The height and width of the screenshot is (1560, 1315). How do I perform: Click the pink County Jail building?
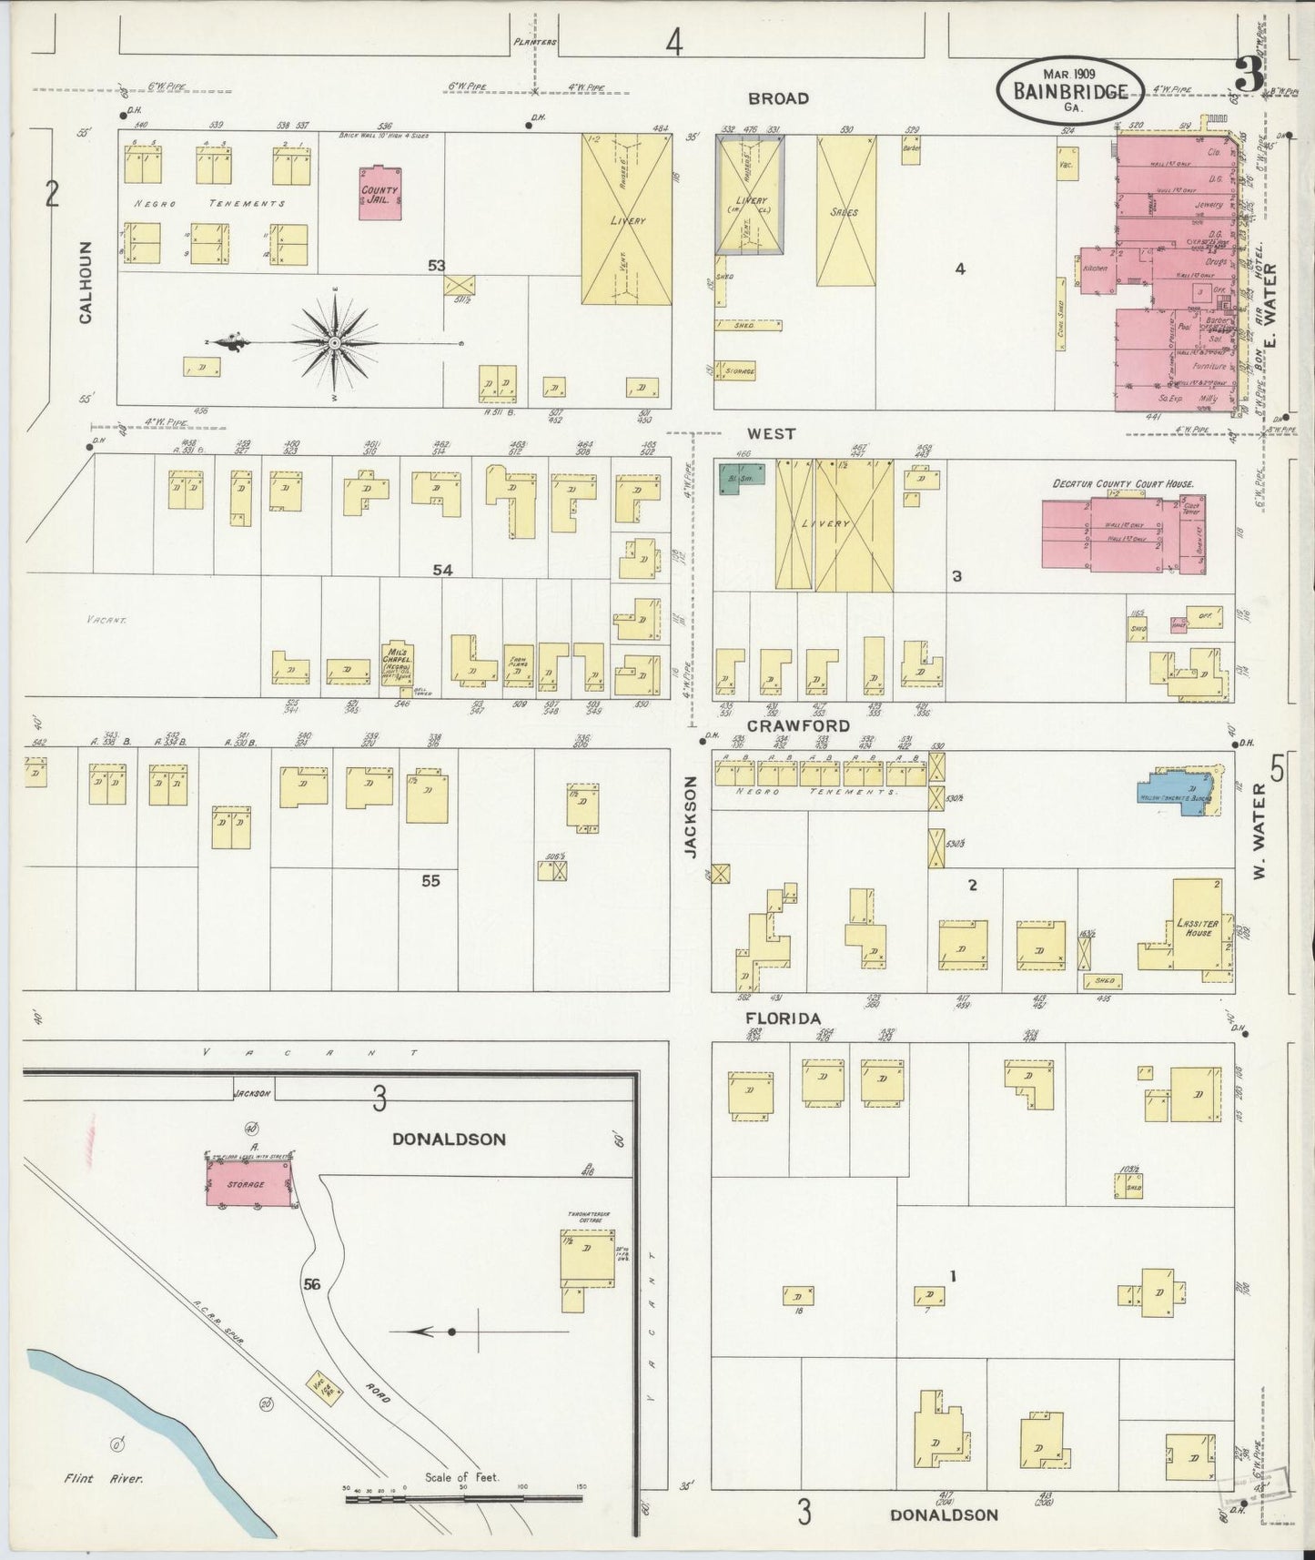pos(379,192)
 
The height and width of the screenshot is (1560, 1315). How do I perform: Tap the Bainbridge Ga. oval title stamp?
pos(1071,90)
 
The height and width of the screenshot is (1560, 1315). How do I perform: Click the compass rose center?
pos(335,341)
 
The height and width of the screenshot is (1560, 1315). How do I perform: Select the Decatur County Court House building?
pos(1124,534)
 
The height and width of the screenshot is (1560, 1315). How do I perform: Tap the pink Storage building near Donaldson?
pos(248,1183)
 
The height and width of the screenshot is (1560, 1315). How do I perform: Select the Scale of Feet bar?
pos(464,1496)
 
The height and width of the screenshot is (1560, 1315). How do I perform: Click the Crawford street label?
pos(799,725)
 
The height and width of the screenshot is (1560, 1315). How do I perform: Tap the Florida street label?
pos(784,1018)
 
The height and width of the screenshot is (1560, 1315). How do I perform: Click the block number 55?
pos(430,880)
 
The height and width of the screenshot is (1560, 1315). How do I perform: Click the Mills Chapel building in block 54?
pos(398,663)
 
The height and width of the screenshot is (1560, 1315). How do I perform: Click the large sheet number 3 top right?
pos(1249,76)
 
